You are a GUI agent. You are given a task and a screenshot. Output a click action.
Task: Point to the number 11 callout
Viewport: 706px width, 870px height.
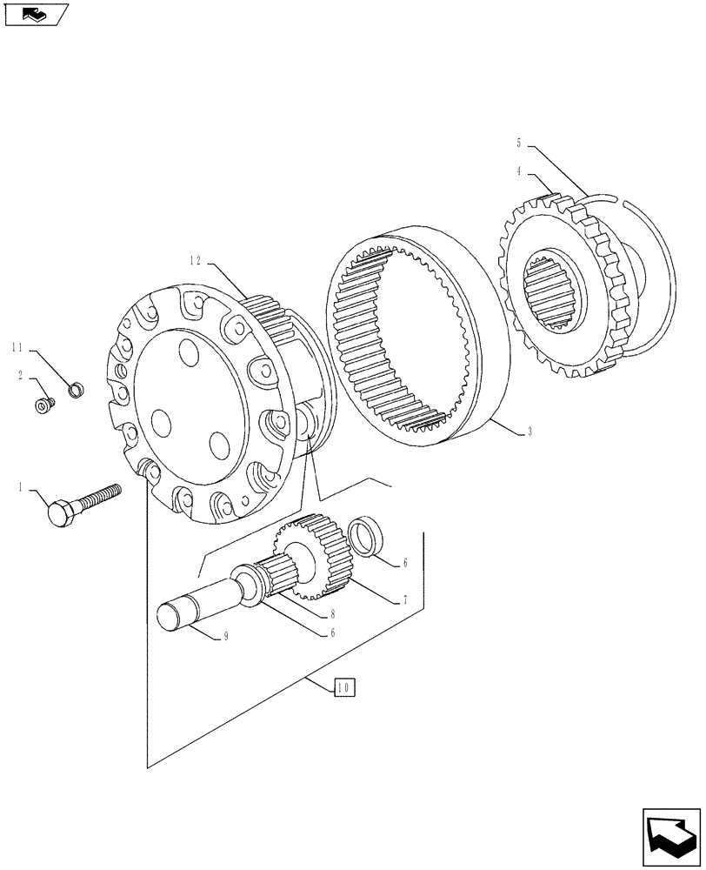point(17,350)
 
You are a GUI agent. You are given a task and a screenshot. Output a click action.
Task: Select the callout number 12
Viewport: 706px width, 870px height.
point(196,259)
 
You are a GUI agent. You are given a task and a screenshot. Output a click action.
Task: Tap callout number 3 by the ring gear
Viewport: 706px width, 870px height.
point(529,432)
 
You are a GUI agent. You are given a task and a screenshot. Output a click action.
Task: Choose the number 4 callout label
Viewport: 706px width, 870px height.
point(519,172)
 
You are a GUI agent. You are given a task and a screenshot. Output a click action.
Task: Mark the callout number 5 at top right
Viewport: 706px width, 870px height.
point(519,143)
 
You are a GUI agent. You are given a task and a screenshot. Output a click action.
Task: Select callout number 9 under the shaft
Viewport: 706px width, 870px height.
point(225,637)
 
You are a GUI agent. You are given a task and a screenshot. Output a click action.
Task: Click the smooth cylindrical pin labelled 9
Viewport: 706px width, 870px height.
point(191,605)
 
